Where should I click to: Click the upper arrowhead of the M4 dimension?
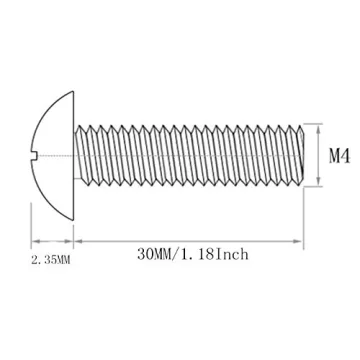pyautogui.click(x=318, y=128)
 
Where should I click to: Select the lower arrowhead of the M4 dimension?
pyautogui.click(x=318, y=184)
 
